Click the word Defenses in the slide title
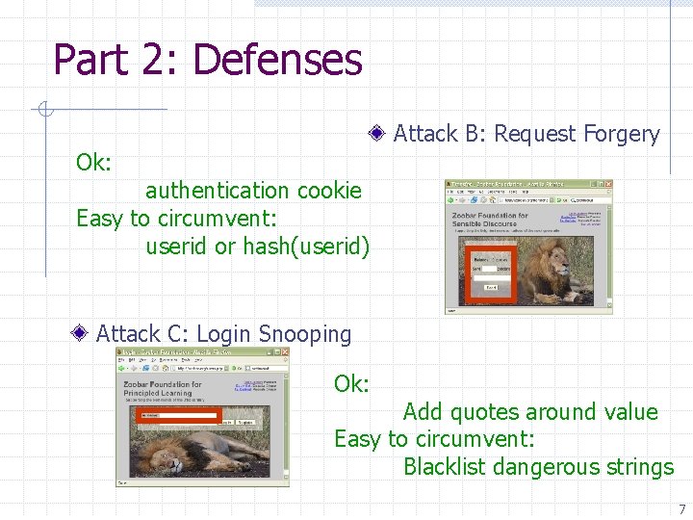click(277, 59)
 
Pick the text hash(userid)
click(306, 247)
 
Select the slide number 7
click(681, 509)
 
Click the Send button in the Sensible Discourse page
click(491, 287)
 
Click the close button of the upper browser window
click(608, 184)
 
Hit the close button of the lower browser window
click(285, 351)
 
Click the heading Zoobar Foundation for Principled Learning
click(163, 388)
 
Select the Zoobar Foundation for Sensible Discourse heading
click(491, 221)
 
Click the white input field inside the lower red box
click(178, 415)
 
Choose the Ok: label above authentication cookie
click(94, 163)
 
